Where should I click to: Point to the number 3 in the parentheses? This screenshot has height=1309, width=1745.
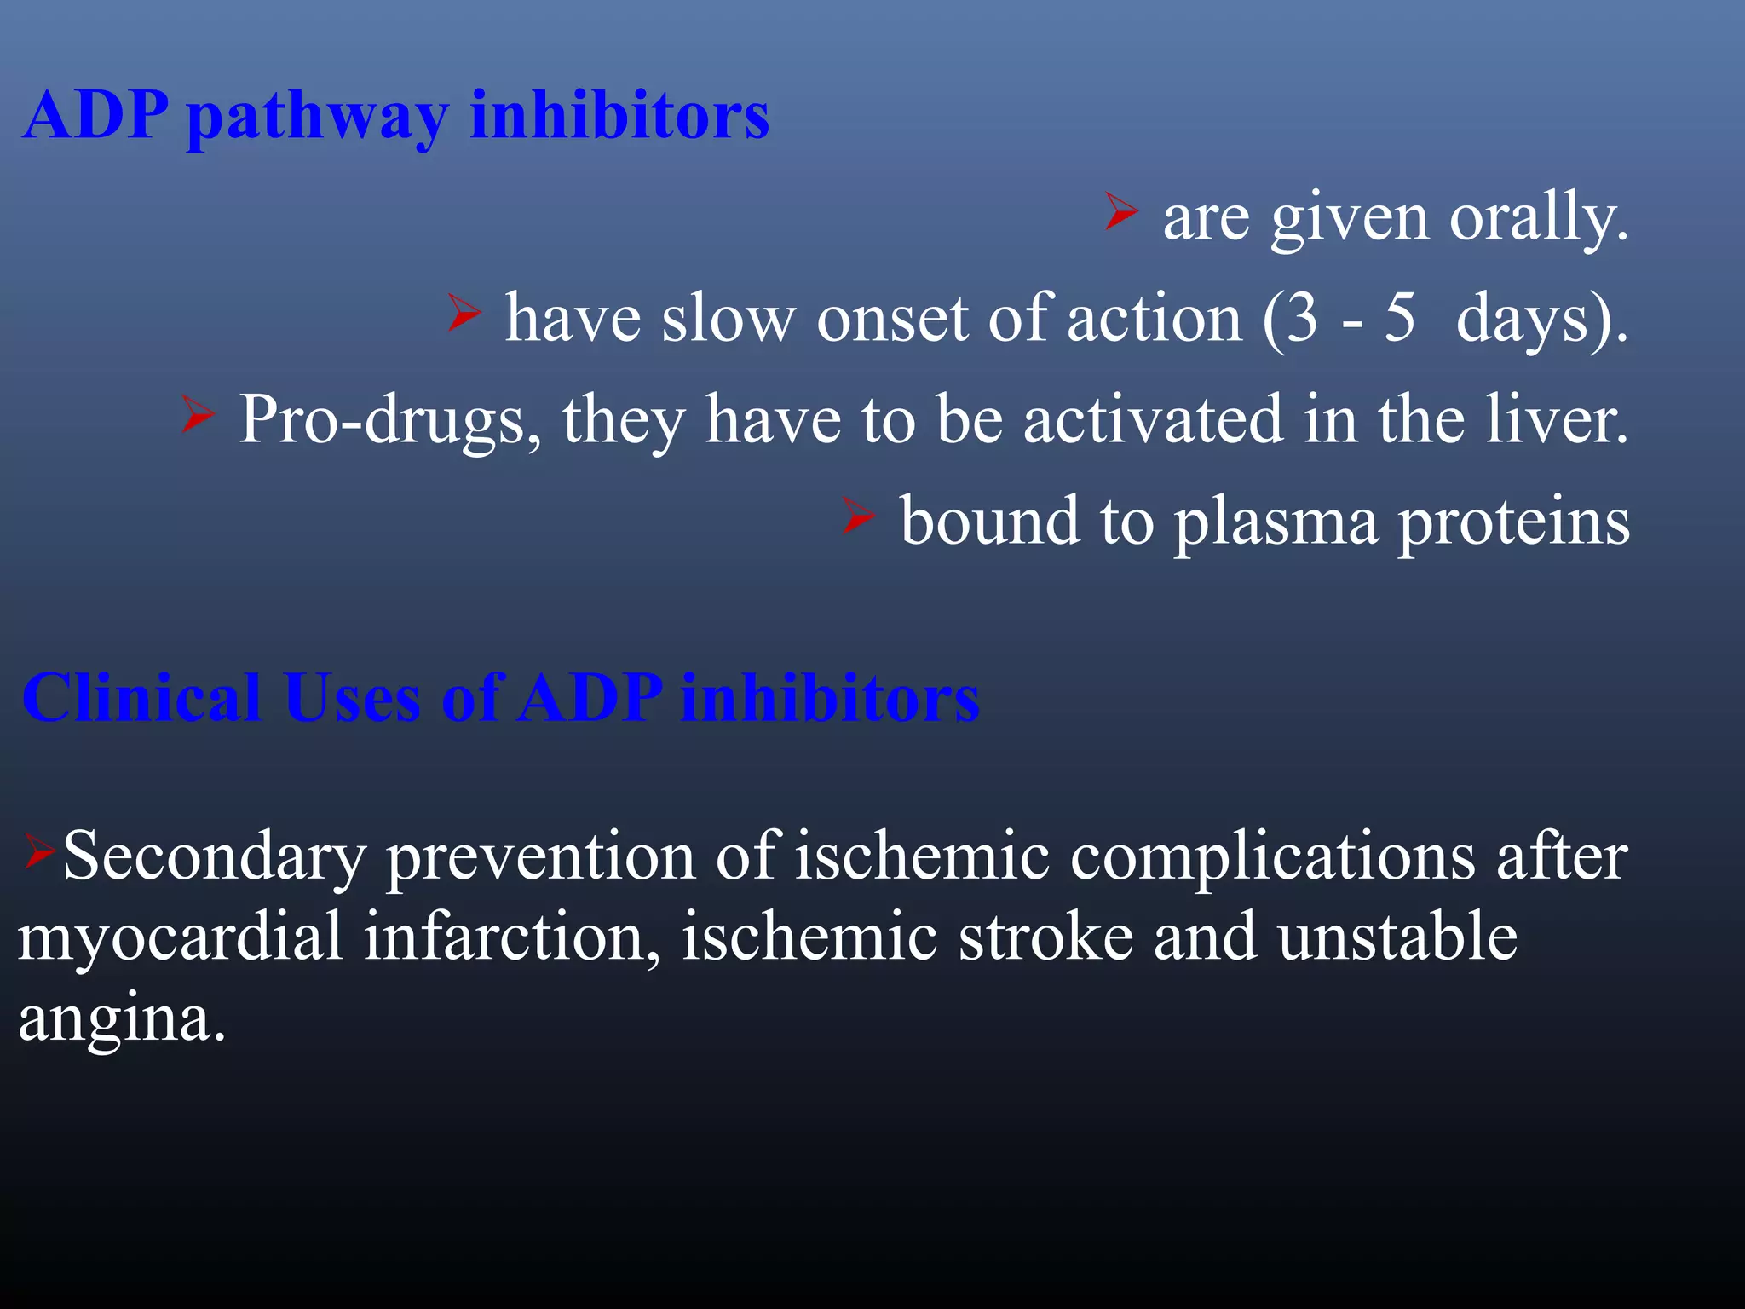1302,319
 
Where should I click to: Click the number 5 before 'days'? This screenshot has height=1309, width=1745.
1400,319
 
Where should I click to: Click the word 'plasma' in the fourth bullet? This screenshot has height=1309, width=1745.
1276,522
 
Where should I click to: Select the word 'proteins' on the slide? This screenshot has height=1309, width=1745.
1514,522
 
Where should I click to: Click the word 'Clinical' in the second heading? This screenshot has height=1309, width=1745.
141,698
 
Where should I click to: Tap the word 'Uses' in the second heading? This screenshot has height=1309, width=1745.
352,698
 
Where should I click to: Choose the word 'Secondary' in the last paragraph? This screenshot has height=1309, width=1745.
215,856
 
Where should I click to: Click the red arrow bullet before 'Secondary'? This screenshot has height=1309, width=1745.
39,851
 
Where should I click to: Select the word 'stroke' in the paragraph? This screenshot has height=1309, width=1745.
1045,937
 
